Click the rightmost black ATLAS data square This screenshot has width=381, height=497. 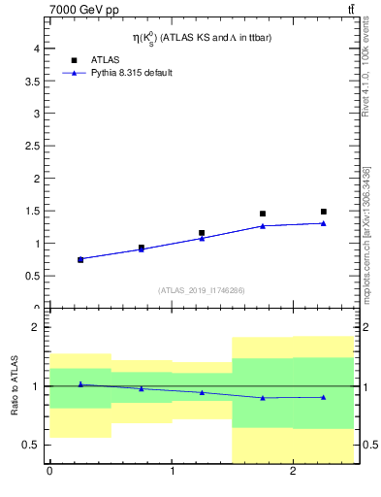324,212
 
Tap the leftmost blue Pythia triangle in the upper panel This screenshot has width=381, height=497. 80,259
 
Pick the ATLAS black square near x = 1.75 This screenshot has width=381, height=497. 263,214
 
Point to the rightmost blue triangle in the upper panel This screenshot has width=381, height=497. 324,223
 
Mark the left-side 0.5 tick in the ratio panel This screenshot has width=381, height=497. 32,446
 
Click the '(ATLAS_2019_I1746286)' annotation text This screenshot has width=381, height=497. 202,290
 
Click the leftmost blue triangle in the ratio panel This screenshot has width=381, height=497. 80,384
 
